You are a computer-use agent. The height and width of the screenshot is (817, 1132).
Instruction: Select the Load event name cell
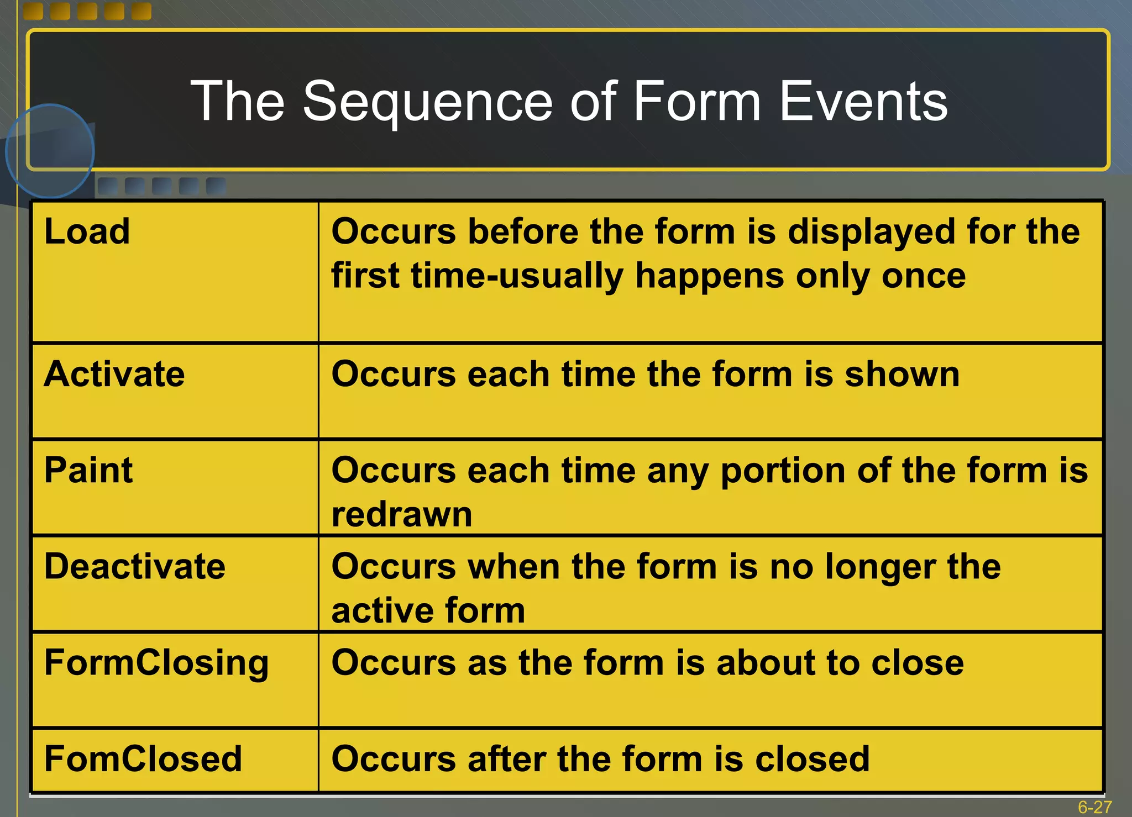(87, 231)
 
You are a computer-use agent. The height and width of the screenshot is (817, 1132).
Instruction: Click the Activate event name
(114, 375)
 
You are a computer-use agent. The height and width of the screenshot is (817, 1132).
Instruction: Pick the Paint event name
(88, 471)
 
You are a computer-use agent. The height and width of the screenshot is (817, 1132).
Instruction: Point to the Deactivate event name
(134, 567)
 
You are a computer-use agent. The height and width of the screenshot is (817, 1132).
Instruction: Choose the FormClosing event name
(156, 663)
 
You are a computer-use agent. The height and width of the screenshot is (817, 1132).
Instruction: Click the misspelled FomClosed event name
(143, 759)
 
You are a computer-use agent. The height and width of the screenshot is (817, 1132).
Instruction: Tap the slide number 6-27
(1094, 807)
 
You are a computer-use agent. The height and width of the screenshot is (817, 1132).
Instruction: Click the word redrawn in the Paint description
(402, 515)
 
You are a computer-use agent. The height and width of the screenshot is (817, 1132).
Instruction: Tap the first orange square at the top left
(34, 11)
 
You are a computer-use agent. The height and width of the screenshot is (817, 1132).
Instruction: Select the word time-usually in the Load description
(517, 276)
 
